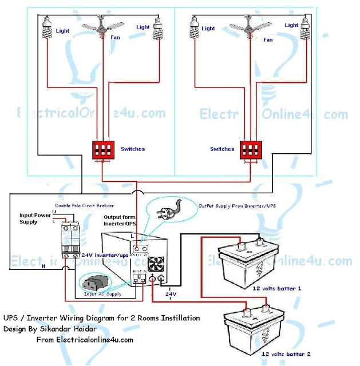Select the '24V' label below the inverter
coord(171,294)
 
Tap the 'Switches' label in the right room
coord(222,149)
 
